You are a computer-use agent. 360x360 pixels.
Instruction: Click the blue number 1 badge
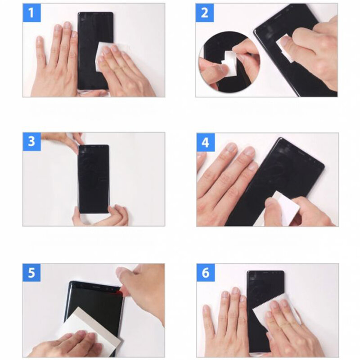[31, 13]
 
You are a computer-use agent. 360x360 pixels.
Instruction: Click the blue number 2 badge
[205, 13]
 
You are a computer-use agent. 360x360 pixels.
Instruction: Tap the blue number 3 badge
[31, 142]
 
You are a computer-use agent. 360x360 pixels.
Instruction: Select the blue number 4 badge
[206, 142]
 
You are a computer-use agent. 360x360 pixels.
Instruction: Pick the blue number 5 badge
[31, 273]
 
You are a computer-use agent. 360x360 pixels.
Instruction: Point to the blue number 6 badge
[206, 273]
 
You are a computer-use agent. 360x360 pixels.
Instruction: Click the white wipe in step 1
[103, 55]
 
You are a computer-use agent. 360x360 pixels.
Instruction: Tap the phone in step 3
[94, 179]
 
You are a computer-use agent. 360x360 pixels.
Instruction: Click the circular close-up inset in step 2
[229, 62]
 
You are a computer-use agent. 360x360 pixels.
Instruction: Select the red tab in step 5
[119, 291]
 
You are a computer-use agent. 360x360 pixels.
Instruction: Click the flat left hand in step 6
[226, 321]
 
